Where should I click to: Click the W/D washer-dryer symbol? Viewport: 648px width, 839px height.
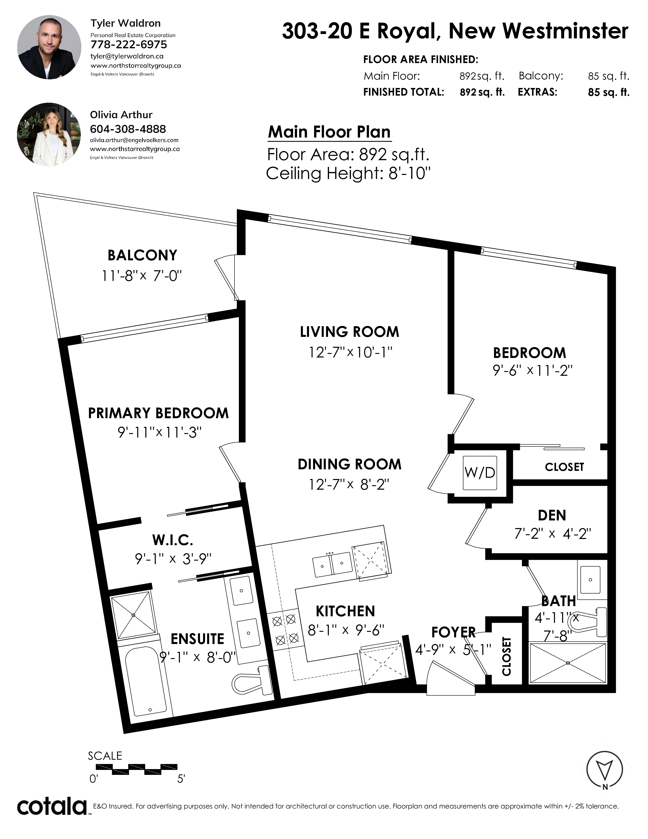click(x=480, y=473)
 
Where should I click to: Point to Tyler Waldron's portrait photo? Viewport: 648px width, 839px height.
click(x=49, y=47)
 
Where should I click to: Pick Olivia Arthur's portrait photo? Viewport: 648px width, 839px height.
click(x=49, y=134)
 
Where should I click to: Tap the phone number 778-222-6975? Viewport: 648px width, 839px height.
click(x=129, y=44)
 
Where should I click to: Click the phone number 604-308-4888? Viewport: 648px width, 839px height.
click(x=128, y=129)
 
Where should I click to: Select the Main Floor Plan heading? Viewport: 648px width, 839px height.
click(x=329, y=132)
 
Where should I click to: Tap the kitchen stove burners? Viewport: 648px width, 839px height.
click(x=285, y=630)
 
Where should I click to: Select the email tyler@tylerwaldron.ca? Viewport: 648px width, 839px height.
click(x=127, y=56)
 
